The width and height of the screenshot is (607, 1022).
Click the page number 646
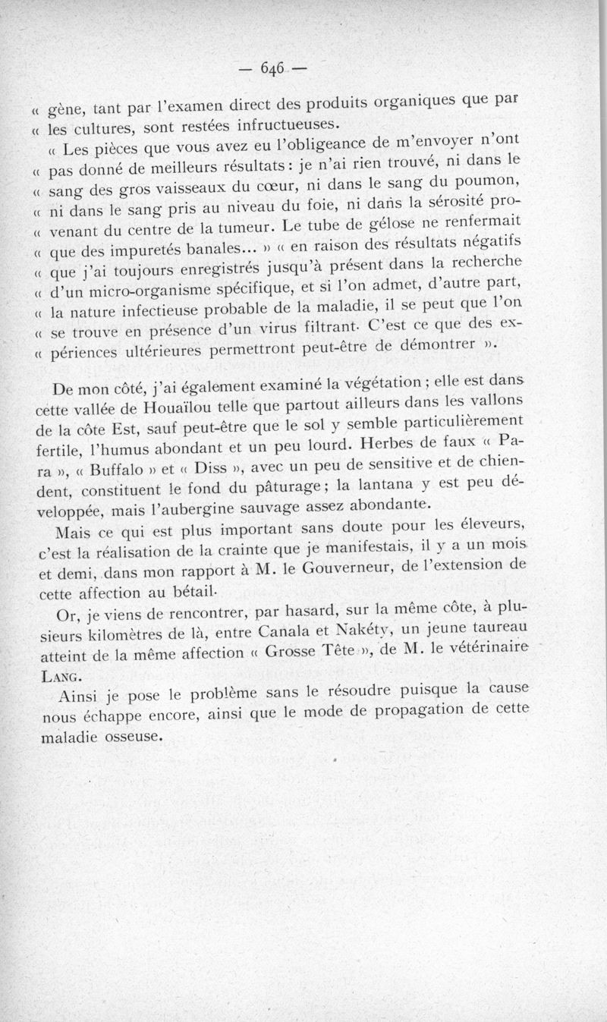click(272, 68)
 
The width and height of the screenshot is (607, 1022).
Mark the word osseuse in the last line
click(129, 735)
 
